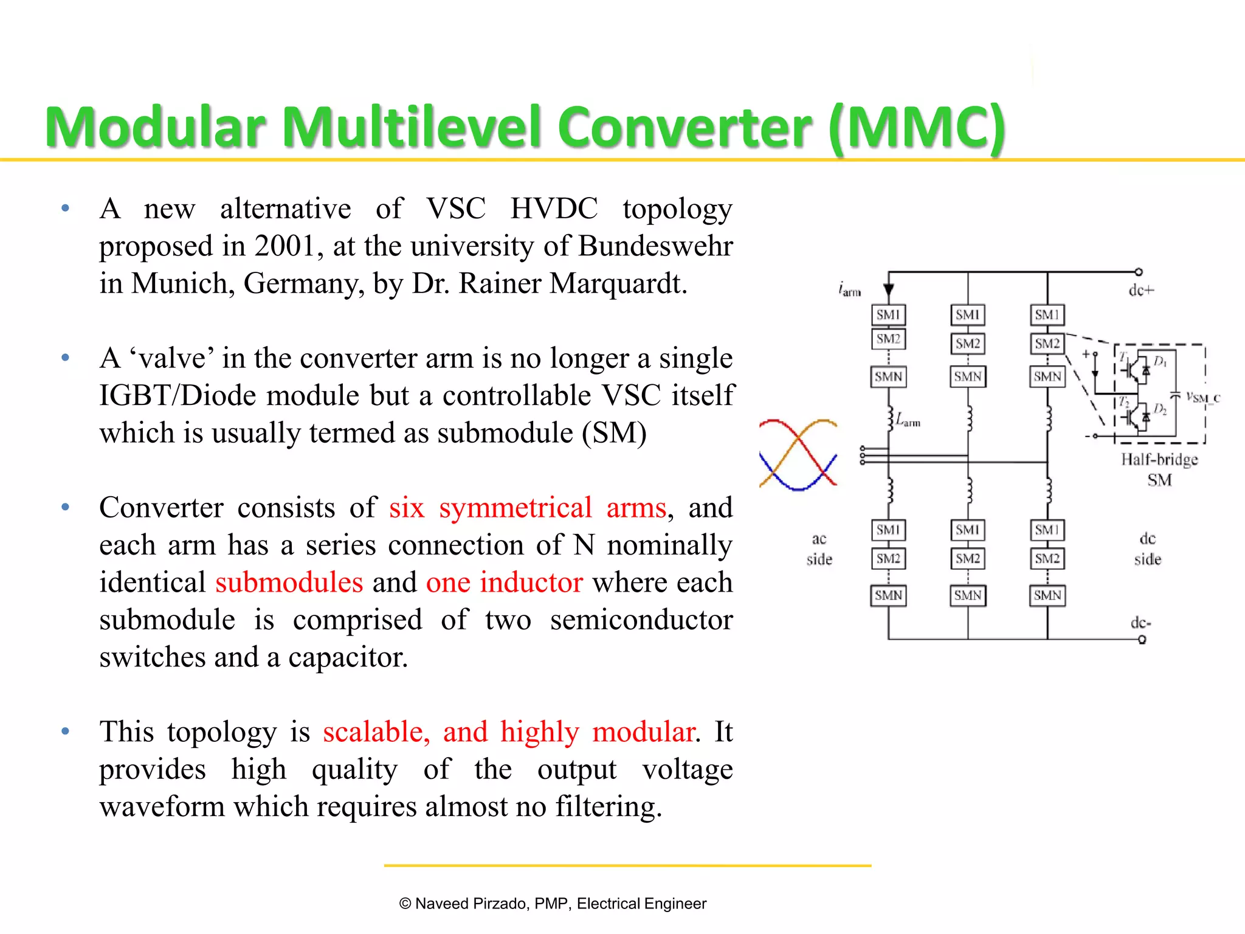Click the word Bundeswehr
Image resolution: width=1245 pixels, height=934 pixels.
[655, 246]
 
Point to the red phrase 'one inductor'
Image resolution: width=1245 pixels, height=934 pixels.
[504, 583]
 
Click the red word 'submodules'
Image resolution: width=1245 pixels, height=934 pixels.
[289, 583]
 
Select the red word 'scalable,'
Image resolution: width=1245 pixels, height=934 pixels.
[376, 732]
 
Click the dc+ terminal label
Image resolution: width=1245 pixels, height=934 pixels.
[1141, 291]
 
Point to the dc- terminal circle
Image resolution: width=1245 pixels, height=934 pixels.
[1142, 640]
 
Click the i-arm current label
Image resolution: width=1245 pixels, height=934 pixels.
[849, 289]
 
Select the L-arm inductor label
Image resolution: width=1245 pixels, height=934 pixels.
[908, 420]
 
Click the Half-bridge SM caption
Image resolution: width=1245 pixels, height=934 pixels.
[1159, 469]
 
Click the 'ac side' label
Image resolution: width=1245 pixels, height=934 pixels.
[819, 548]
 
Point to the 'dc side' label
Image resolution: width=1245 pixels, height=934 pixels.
[1147, 548]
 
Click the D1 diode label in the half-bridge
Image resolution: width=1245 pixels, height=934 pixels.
[1160, 362]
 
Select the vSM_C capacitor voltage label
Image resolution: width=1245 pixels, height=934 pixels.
[1202, 398]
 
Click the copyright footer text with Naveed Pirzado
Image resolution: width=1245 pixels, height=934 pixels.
[553, 904]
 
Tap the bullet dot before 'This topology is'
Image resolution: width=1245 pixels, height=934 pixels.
[66, 732]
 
